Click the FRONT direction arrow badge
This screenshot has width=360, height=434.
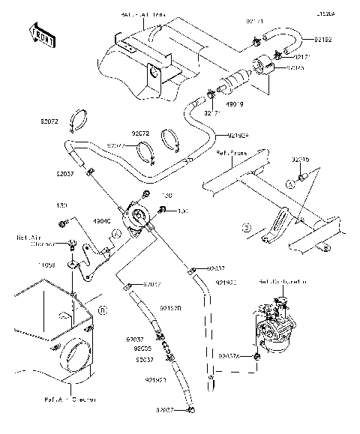(43, 35)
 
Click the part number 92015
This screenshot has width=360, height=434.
(301, 160)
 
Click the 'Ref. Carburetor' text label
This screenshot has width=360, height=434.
(280, 283)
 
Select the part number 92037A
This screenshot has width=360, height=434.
(229, 356)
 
